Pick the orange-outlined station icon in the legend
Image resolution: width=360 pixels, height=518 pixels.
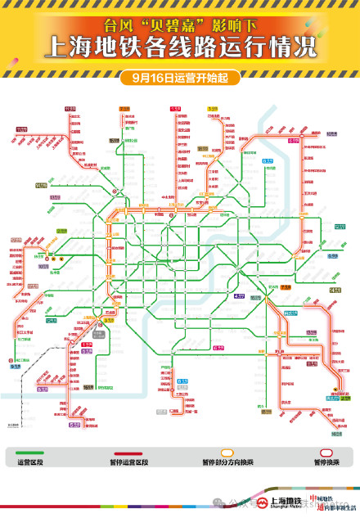227,452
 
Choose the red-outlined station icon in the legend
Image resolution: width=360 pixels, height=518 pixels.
326,452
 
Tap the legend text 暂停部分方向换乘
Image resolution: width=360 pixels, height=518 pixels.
227,462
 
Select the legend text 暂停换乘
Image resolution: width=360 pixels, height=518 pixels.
326,462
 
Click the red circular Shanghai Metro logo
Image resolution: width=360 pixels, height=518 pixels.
263,502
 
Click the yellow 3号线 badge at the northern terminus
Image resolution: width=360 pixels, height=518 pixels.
212,108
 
